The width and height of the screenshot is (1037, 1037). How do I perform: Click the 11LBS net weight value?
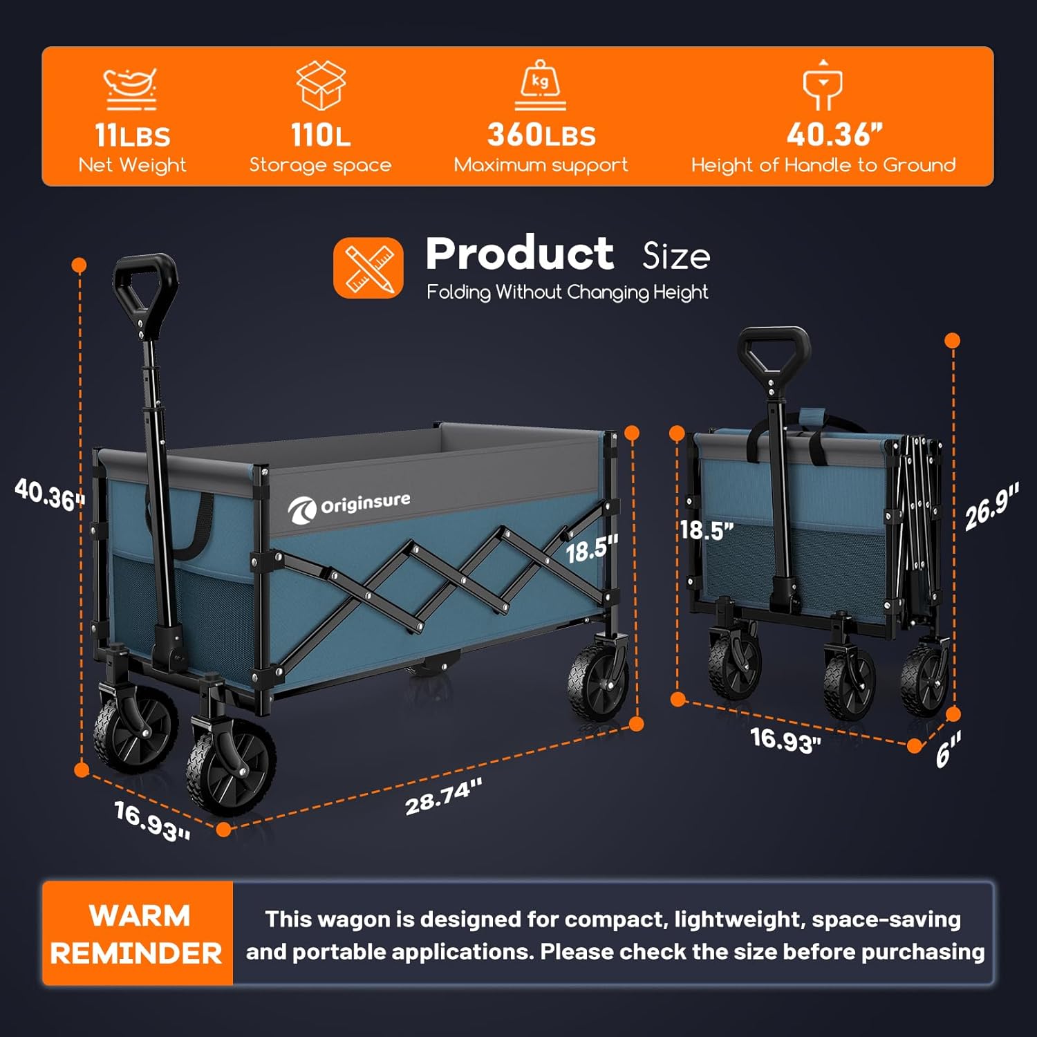[x=132, y=136]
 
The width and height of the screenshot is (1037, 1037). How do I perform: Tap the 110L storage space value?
[x=320, y=135]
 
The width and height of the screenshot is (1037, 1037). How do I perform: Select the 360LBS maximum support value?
[x=541, y=135]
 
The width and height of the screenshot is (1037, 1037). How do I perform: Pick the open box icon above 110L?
[x=321, y=85]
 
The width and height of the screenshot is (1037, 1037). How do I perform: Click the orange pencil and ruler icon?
[x=368, y=268]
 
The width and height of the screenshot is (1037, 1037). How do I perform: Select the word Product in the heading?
[x=519, y=254]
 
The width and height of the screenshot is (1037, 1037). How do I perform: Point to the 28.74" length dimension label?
[x=443, y=796]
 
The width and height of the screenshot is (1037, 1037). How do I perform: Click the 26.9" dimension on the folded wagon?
[x=991, y=507]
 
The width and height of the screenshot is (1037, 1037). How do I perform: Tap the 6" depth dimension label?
[x=948, y=751]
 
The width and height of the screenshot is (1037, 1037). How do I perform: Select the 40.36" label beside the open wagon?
[x=49, y=494]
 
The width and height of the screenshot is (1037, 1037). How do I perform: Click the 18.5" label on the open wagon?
[x=591, y=549]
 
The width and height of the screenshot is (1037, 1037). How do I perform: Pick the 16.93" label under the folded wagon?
[x=785, y=740]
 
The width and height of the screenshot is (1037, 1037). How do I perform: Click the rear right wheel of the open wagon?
[x=598, y=681]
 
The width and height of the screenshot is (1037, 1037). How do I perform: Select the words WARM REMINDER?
[x=137, y=934]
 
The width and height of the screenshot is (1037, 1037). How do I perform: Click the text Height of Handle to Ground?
[x=823, y=165]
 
